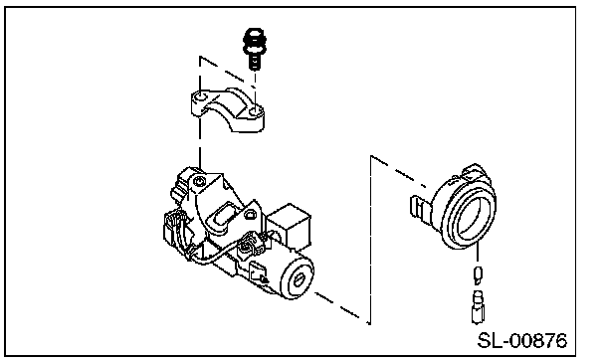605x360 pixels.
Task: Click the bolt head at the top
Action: (x=255, y=41)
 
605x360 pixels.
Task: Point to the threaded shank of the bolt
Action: (x=254, y=62)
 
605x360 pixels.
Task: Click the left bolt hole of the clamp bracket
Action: (x=200, y=95)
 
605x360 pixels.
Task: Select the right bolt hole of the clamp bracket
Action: (x=254, y=112)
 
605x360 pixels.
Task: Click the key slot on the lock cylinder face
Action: (x=300, y=279)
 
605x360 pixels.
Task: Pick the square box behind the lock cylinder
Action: (x=290, y=226)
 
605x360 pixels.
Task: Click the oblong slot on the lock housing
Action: (x=222, y=217)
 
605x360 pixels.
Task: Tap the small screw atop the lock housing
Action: (x=199, y=181)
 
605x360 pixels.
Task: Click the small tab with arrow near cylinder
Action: (x=258, y=272)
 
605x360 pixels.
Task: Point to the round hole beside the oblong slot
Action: (x=249, y=214)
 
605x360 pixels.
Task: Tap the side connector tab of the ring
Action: (x=420, y=209)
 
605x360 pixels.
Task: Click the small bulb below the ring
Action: (x=478, y=274)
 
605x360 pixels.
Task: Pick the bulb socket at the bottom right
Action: (x=478, y=307)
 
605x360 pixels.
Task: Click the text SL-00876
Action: (x=522, y=340)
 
